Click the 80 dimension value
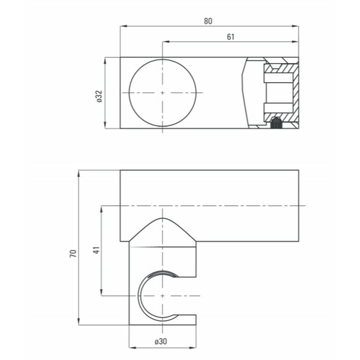pos(208,21)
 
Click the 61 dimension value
pos(230,37)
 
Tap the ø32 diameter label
pos(99,96)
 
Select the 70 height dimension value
pos(73,253)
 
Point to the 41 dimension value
pos(96,250)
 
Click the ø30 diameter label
pos(161,341)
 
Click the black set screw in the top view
pos(276,123)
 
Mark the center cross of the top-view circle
pos(162,93)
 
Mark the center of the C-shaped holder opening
pos(162,296)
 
